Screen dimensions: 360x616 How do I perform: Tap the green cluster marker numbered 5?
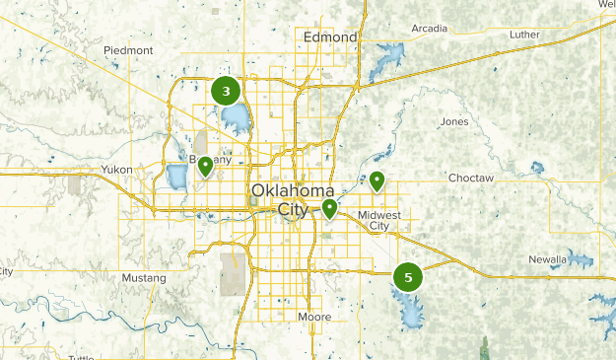pos(407,277)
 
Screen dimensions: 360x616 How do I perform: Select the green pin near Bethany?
pos(205,166)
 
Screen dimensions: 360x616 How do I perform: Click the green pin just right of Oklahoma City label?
pos(329,208)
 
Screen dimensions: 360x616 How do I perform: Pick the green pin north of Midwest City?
pos(376,180)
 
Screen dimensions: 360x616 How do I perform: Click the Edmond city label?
pos(331,37)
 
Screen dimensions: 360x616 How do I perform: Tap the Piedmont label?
pos(129,50)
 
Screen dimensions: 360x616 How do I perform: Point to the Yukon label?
pos(115,170)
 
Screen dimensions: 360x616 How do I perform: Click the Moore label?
pos(314,317)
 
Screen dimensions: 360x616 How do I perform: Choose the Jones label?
pos(455,121)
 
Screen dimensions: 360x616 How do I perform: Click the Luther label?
pos(524,35)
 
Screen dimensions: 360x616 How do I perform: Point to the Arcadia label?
pos(429,28)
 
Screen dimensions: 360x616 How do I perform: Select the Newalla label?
pos(546,259)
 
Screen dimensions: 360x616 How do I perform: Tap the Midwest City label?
pos(379,220)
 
